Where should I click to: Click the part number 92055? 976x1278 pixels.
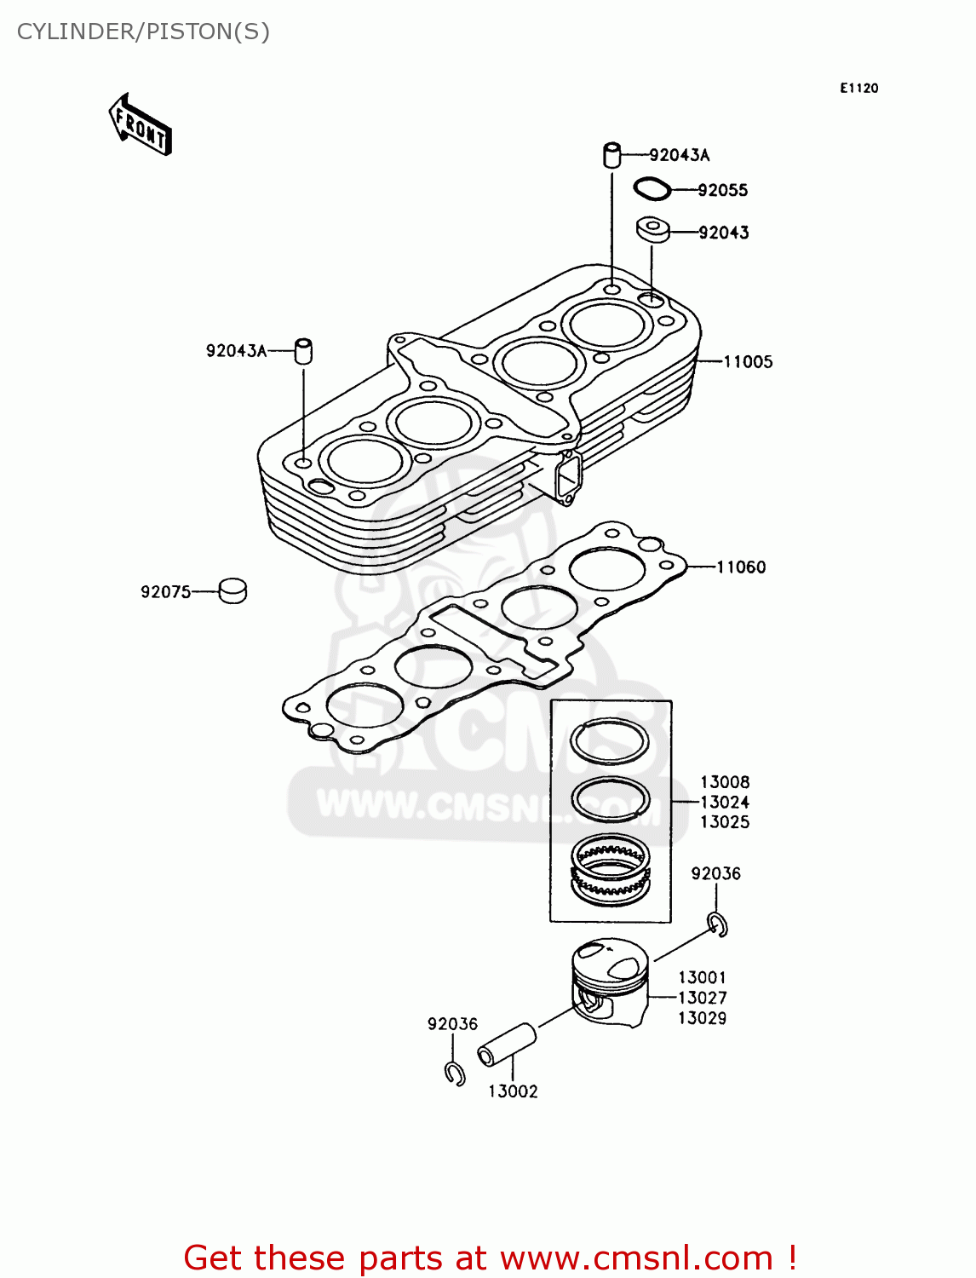pyautogui.click(x=722, y=190)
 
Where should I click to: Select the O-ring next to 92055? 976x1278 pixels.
pyautogui.click(x=652, y=188)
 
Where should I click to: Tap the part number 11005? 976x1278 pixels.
pyautogui.click(x=748, y=361)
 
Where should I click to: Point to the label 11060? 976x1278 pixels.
pyautogui.click(x=741, y=567)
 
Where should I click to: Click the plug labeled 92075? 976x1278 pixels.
pyautogui.click(x=233, y=590)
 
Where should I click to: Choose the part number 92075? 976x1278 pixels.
pyautogui.click(x=166, y=591)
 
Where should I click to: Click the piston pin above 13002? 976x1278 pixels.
pyautogui.click(x=507, y=1045)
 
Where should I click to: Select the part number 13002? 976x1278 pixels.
pyautogui.click(x=513, y=1091)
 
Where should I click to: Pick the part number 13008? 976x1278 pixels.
pyautogui.click(x=725, y=782)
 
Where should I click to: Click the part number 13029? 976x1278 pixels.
pyautogui.click(x=702, y=1018)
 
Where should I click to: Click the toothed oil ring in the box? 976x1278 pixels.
pyautogui.click(x=609, y=867)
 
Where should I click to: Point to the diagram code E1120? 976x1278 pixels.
pyautogui.click(x=858, y=88)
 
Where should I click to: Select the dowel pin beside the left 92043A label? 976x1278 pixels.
pyautogui.click(x=303, y=351)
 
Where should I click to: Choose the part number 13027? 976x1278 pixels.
pyautogui.click(x=702, y=998)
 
